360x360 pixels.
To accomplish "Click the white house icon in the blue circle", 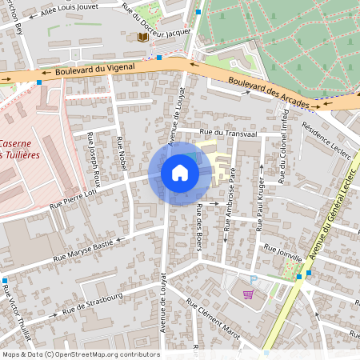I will [x=180, y=173].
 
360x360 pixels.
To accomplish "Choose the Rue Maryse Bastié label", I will [x=84, y=250].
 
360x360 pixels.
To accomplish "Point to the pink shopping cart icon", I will [x=248, y=294].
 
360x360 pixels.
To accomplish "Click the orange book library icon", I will [x=142, y=38].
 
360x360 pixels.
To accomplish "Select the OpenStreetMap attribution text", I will [x=81, y=354].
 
